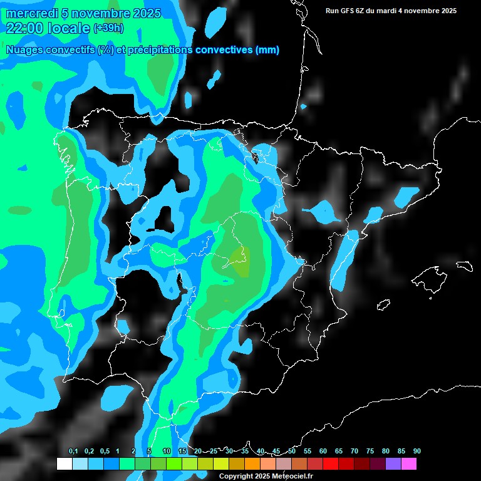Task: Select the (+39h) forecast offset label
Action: coord(108,28)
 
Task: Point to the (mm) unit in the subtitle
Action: coord(267,50)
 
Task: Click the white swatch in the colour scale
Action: coord(64,464)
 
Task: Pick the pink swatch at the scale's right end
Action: coord(408,464)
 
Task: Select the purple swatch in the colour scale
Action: coord(393,464)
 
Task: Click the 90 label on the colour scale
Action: coord(416,452)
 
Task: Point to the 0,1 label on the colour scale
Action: coord(73,452)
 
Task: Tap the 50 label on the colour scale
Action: coord(292,452)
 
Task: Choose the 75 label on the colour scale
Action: coord(370,452)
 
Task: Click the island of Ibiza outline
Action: coord(383,305)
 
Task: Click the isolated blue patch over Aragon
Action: coord(326,211)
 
